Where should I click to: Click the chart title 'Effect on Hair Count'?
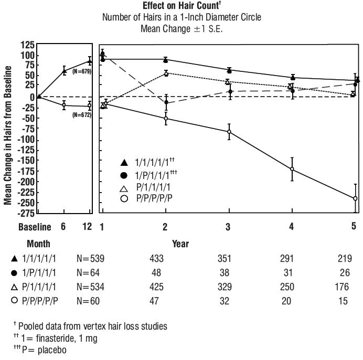pos(181,6)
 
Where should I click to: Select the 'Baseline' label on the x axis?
pos(35,227)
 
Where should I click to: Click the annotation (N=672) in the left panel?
pos(82,114)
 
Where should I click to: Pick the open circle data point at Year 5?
pos(355,198)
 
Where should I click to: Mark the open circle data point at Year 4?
pos(292,169)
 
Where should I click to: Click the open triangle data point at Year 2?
pos(166,73)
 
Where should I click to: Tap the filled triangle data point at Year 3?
pos(229,70)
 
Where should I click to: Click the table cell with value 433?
pos(157,258)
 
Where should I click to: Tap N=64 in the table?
pos(89,273)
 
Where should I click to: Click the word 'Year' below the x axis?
pos(180,243)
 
